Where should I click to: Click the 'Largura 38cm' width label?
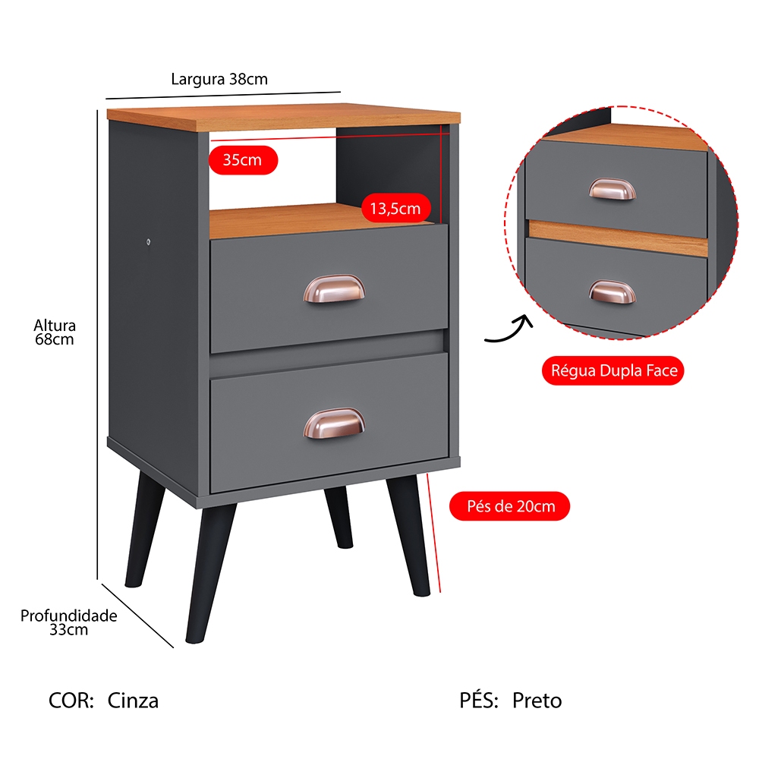point(219,79)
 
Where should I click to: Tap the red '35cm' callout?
point(243,159)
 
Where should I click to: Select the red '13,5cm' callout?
point(395,208)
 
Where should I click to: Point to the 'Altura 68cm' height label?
point(54,332)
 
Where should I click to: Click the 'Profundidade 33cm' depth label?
point(69,622)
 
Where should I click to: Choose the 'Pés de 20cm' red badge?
point(510,506)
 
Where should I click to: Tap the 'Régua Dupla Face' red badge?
point(613,371)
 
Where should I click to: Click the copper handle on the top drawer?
point(334,289)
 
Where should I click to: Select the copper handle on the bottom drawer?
point(334,423)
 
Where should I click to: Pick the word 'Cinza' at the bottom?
point(133,701)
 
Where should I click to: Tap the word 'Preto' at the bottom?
point(537,701)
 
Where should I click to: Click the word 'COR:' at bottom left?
point(71,701)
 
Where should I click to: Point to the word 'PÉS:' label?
point(479,700)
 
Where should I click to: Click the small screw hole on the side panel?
point(149,241)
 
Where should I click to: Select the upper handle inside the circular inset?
point(613,189)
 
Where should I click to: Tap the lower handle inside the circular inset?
point(613,292)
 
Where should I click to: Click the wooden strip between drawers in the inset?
point(618,238)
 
